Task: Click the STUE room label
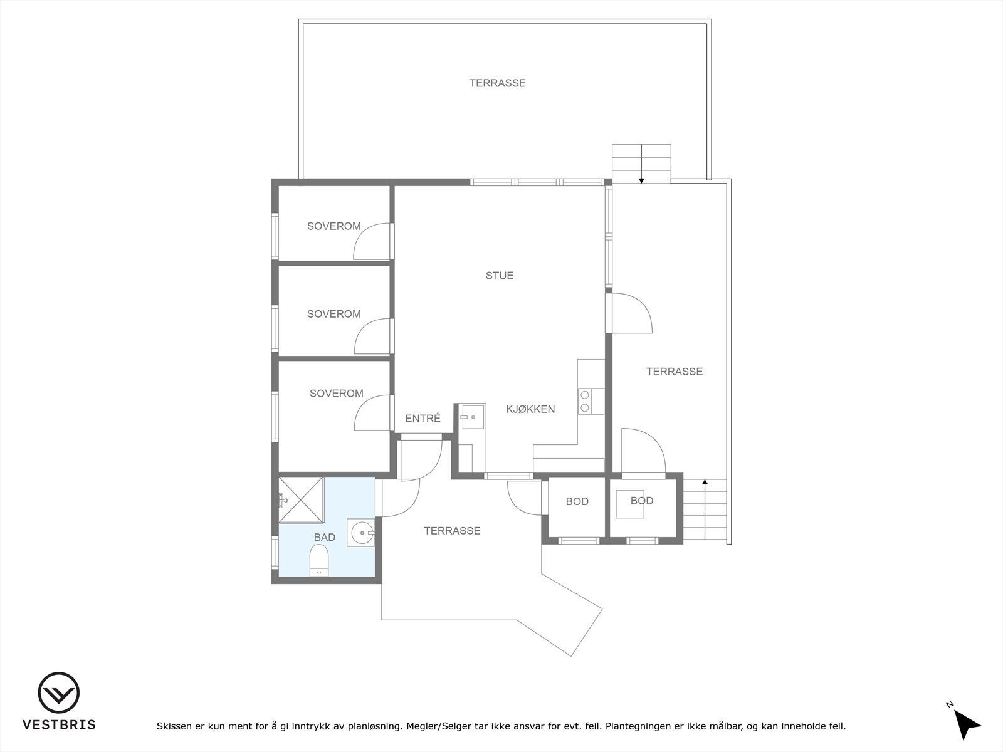499,276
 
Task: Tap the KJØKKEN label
530,409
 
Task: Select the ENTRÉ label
423,419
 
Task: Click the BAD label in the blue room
324,537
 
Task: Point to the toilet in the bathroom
319,560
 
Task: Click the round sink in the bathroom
362,533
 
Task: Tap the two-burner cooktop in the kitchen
584,401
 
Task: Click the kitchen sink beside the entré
470,415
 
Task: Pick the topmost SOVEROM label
333,226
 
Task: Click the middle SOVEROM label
333,314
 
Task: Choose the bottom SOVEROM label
336,394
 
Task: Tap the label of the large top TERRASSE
497,83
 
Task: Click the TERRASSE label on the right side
674,372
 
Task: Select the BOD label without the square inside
577,501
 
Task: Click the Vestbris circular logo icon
59,693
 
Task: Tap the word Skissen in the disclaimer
176,726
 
